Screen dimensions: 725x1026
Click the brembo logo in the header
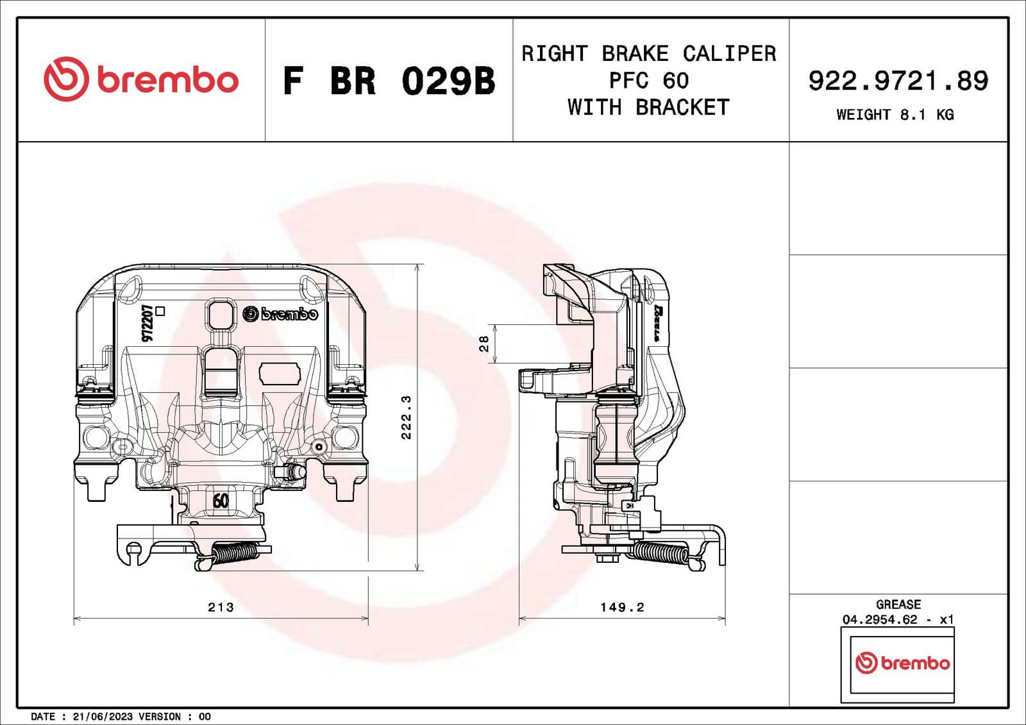click(141, 79)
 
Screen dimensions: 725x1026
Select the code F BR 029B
click(389, 81)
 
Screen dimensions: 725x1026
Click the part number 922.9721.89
click(898, 81)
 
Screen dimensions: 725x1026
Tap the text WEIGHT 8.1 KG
click(895, 115)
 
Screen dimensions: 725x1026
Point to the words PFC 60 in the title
click(648, 81)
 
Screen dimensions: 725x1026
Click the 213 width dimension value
click(221, 607)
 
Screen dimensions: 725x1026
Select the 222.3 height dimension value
click(406, 417)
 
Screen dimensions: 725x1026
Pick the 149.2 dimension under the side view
click(621, 607)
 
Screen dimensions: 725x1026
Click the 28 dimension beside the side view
click(484, 344)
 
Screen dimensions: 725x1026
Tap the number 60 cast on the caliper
click(220, 500)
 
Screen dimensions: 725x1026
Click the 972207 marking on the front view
click(147, 323)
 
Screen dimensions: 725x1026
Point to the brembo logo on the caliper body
click(281, 314)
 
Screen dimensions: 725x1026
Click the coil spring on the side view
click(660, 552)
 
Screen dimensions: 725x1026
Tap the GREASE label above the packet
click(898, 604)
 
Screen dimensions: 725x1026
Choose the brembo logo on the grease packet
click(902, 663)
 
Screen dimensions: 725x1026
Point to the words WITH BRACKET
click(648, 108)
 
